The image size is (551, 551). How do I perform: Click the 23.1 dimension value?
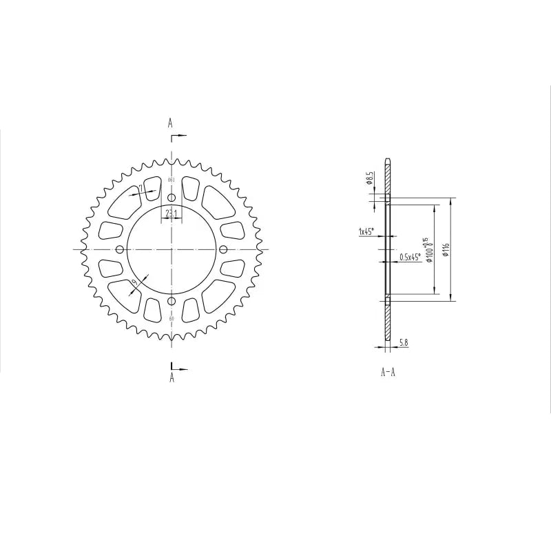coord(171,214)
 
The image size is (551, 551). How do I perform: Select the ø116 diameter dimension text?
coord(446,249)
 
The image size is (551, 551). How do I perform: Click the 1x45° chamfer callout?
coord(366,232)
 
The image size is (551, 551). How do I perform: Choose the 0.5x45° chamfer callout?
coord(410,258)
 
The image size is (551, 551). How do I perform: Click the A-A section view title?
coord(388,373)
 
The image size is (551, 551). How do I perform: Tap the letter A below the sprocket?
coord(171,377)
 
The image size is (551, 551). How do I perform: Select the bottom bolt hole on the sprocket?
coord(171,301)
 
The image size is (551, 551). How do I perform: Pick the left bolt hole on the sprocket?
coord(120,249)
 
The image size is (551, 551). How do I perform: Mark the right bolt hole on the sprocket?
coord(222,249)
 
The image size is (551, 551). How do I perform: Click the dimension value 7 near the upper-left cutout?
coord(141,188)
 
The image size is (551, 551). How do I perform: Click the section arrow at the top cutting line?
coord(180,138)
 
